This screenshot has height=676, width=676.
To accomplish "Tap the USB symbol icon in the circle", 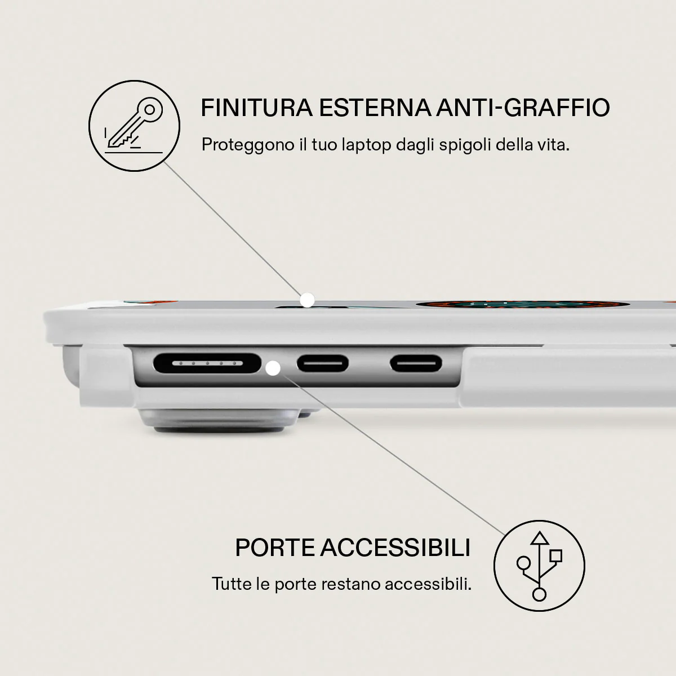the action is click(539, 566).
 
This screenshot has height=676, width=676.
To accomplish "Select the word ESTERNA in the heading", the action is click(375, 108).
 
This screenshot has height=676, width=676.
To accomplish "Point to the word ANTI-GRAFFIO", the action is click(523, 108).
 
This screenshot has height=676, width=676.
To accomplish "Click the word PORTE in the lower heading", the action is click(275, 547).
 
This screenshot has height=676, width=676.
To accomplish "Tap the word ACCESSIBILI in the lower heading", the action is click(395, 547).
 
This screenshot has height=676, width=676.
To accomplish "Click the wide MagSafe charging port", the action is click(207, 363).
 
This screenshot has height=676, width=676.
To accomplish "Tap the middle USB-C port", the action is click(323, 363).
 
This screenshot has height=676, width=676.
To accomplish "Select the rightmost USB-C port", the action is click(416, 363).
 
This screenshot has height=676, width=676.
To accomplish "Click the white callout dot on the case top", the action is click(308, 300).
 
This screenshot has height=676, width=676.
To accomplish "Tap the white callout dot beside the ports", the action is click(273, 368).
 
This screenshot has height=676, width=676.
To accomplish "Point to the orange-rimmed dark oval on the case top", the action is click(522, 305).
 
